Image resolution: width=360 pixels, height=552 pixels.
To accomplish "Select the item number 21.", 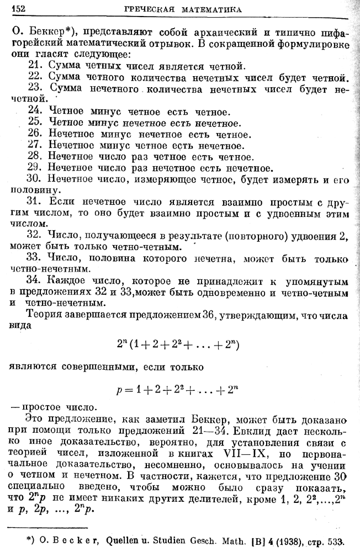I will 35,66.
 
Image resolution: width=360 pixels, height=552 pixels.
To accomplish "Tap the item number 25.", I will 35,122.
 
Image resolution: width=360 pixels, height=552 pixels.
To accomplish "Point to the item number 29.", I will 35,167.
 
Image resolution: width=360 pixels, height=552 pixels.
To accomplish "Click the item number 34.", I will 35,280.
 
